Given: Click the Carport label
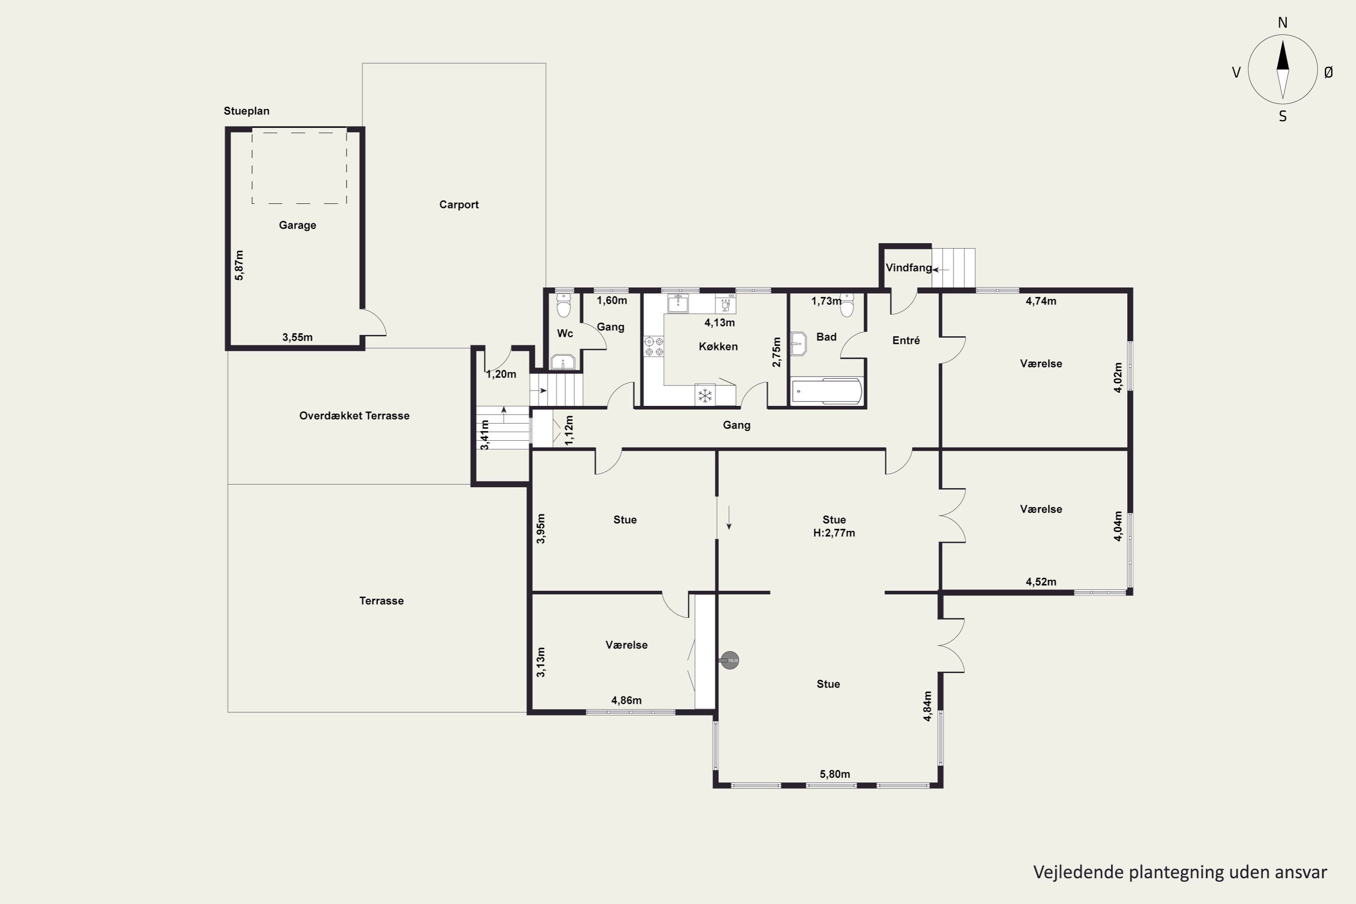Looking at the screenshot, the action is [x=459, y=205].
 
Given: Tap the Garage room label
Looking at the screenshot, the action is [x=297, y=226].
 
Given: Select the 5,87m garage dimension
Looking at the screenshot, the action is [x=239, y=265].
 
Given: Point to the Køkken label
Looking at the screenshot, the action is [x=718, y=347].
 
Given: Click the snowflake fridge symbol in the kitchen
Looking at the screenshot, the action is [x=705, y=395].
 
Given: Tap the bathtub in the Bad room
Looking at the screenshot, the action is [x=827, y=391].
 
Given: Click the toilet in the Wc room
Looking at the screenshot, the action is [x=563, y=305].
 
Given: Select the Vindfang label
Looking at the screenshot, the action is [x=909, y=268].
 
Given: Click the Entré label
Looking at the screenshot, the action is [x=906, y=341].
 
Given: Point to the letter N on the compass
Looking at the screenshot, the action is [x=1282, y=23].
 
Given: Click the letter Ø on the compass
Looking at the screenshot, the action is [x=1328, y=72].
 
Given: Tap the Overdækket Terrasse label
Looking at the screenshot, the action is [x=354, y=416].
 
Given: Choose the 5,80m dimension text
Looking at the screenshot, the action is [x=835, y=774].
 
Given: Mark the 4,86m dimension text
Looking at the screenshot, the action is [x=626, y=701].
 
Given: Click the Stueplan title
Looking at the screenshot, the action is [x=246, y=111].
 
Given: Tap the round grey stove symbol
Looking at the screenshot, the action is [x=730, y=660].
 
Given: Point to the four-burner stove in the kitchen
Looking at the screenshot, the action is [x=654, y=346].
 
